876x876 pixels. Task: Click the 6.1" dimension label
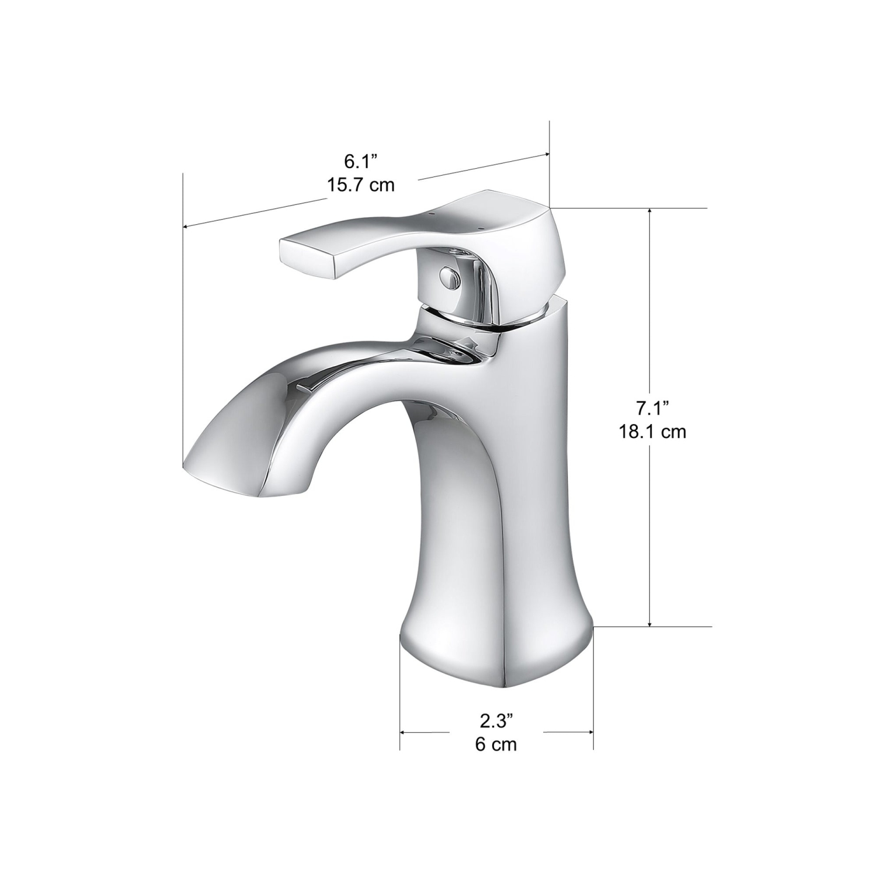360,160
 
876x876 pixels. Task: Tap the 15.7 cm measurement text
360,185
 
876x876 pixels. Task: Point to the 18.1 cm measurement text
652,432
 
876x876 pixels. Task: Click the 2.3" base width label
496,721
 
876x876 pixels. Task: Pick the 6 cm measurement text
496,745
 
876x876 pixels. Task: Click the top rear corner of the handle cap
546,207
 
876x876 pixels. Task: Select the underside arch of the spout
362,420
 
